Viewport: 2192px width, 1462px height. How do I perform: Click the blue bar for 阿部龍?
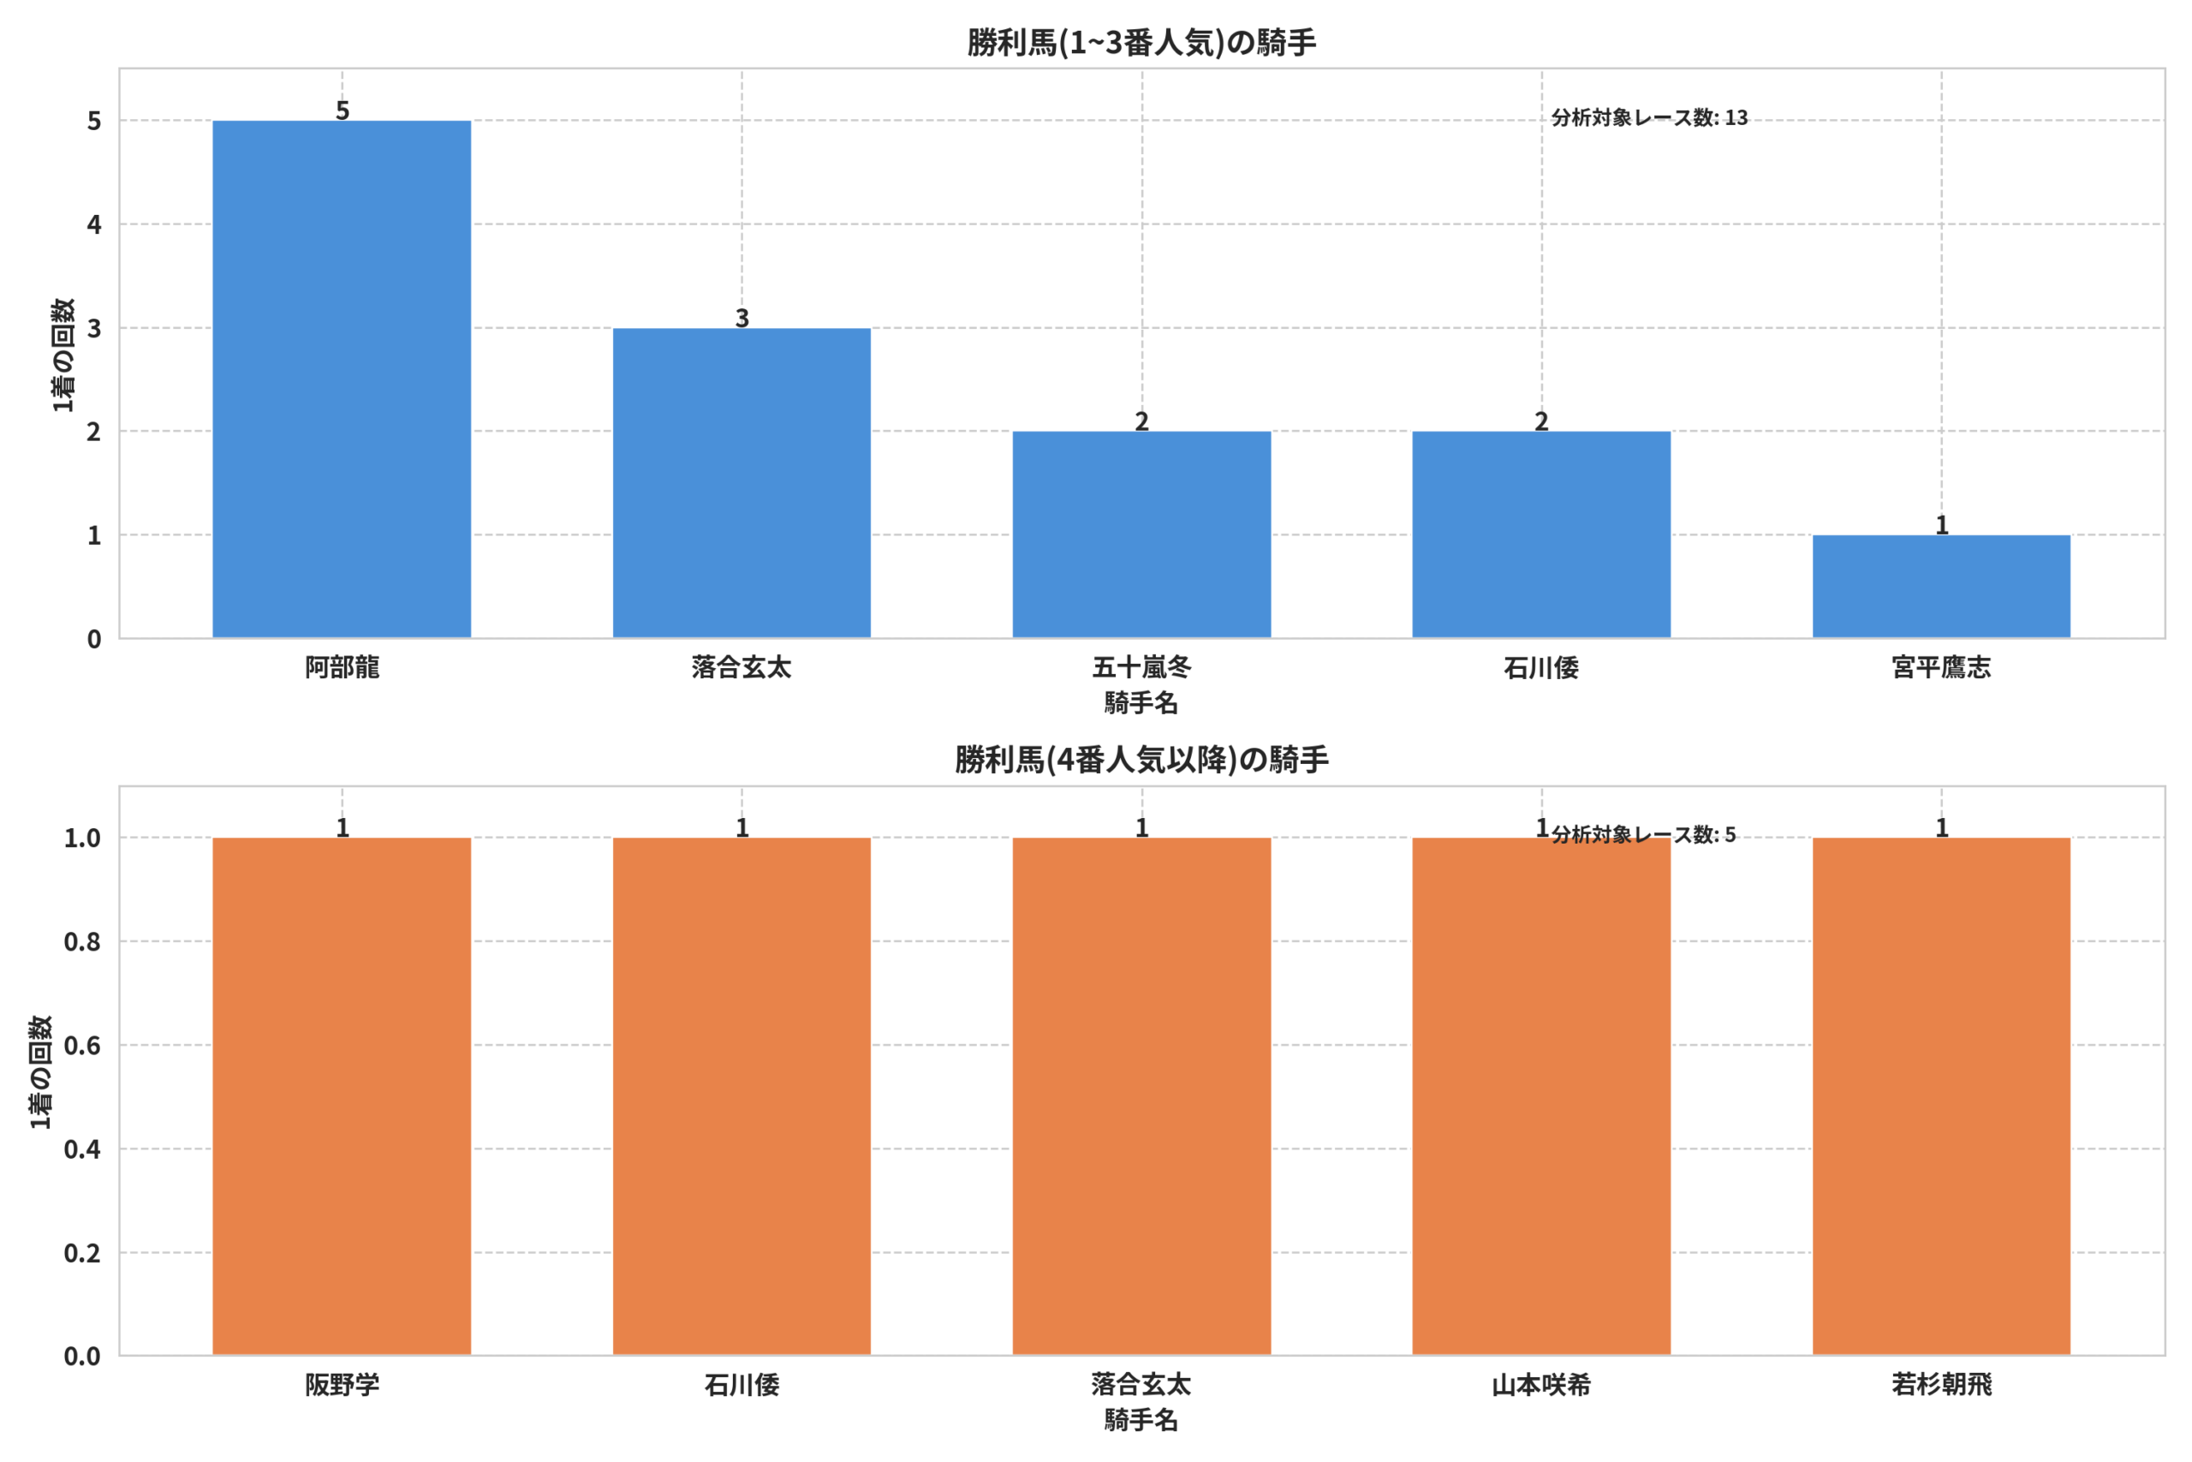[x=341, y=379]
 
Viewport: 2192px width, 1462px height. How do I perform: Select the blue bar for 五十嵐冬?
[x=1141, y=534]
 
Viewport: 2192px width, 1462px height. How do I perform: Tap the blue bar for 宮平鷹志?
[x=1941, y=587]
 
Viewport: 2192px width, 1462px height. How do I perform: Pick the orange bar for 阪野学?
[x=341, y=1096]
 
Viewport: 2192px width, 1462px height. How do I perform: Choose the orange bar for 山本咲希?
[x=1541, y=1096]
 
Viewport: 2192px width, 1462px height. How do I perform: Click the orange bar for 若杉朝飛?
[x=1941, y=1096]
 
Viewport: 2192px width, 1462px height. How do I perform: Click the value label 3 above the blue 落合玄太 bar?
[x=742, y=318]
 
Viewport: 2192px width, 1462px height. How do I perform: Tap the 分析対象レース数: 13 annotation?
[x=1650, y=117]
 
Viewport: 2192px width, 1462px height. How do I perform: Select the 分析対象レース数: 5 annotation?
[x=1644, y=834]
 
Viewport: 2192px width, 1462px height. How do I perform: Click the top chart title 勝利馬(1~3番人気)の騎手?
[x=1141, y=43]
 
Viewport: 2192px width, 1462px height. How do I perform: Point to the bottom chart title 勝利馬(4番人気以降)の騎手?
[x=1141, y=760]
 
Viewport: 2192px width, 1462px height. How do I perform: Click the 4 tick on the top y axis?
[x=94, y=224]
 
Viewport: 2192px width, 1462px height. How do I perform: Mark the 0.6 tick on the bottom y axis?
[x=82, y=1045]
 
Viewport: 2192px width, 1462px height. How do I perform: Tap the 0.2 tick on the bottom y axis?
[x=82, y=1253]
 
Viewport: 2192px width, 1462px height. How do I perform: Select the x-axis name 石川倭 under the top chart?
[x=1541, y=667]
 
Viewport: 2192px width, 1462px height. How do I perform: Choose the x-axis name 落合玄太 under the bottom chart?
[x=1141, y=1385]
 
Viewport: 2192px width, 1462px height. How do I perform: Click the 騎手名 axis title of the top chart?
[x=1141, y=703]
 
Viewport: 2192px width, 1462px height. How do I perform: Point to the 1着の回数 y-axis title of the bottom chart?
[x=40, y=1072]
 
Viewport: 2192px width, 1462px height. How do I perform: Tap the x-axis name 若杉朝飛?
[x=1941, y=1385]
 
